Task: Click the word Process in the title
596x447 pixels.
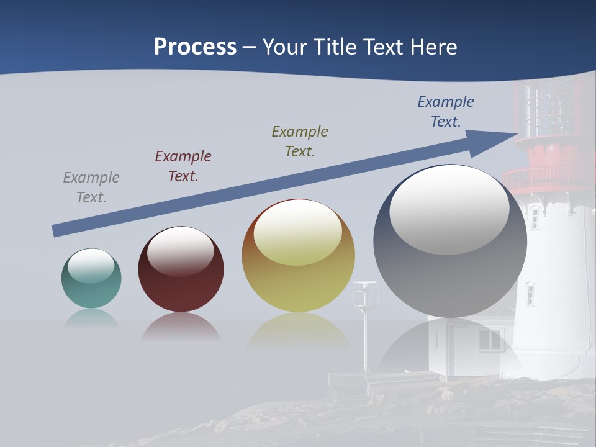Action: click(x=195, y=47)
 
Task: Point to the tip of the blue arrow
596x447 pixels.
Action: click(x=517, y=135)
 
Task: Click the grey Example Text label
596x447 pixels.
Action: click(x=91, y=187)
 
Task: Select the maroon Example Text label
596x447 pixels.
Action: click(x=183, y=166)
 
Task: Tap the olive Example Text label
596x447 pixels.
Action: click(x=300, y=141)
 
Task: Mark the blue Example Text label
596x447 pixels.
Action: click(x=446, y=112)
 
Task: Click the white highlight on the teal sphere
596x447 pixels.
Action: click(x=91, y=266)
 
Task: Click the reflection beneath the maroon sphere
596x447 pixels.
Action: click(x=181, y=327)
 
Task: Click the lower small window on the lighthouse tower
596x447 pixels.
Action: click(x=530, y=294)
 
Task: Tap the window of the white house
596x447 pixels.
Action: click(x=490, y=340)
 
